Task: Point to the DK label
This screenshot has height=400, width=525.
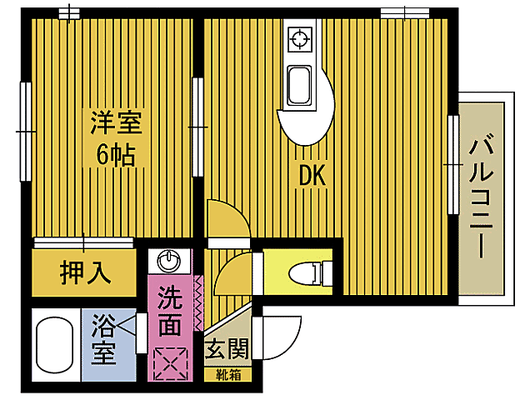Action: (312, 176)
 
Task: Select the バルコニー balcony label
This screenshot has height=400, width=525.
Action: (481, 194)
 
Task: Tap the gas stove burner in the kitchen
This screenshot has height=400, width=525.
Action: (298, 37)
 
